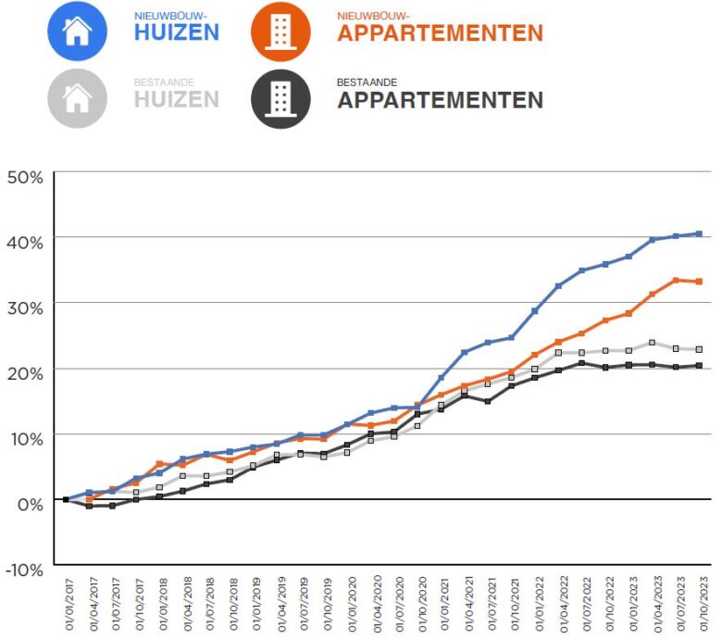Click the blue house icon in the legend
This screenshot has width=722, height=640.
pyautogui.click(x=78, y=31)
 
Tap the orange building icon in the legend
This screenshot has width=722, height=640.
pyautogui.click(x=279, y=31)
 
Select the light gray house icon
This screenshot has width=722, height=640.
pyautogui.click(x=78, y=97)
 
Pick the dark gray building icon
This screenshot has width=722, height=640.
pyautogui.click(x=279, y=97)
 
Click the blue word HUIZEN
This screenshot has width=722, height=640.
pyautogui.click(x=176, y=32)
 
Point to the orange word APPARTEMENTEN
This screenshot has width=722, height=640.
pyautogui.click(x=440, y=33)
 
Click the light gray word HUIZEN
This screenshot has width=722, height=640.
pyautogui.click(x=176, y=99)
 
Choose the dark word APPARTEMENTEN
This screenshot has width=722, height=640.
pyautogui.click(x=440, y=100)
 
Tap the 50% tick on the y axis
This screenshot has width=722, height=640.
pyautogui.click(x=25, y=176)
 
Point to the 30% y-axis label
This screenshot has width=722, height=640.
pyautogui.click(x=25, y=307)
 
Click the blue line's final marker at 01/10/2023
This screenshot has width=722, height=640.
pyautogui.click(x=699, y=233)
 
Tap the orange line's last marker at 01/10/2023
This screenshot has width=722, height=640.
pyautogui.click(x=699, y=282)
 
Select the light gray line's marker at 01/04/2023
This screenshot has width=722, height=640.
pyautogui.click(x=653, y=343)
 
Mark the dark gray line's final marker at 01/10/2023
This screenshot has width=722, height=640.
pyautogui.click(x=699, y=366)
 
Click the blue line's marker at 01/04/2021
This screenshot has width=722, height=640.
pyautogui.click(x=465, y=352)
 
